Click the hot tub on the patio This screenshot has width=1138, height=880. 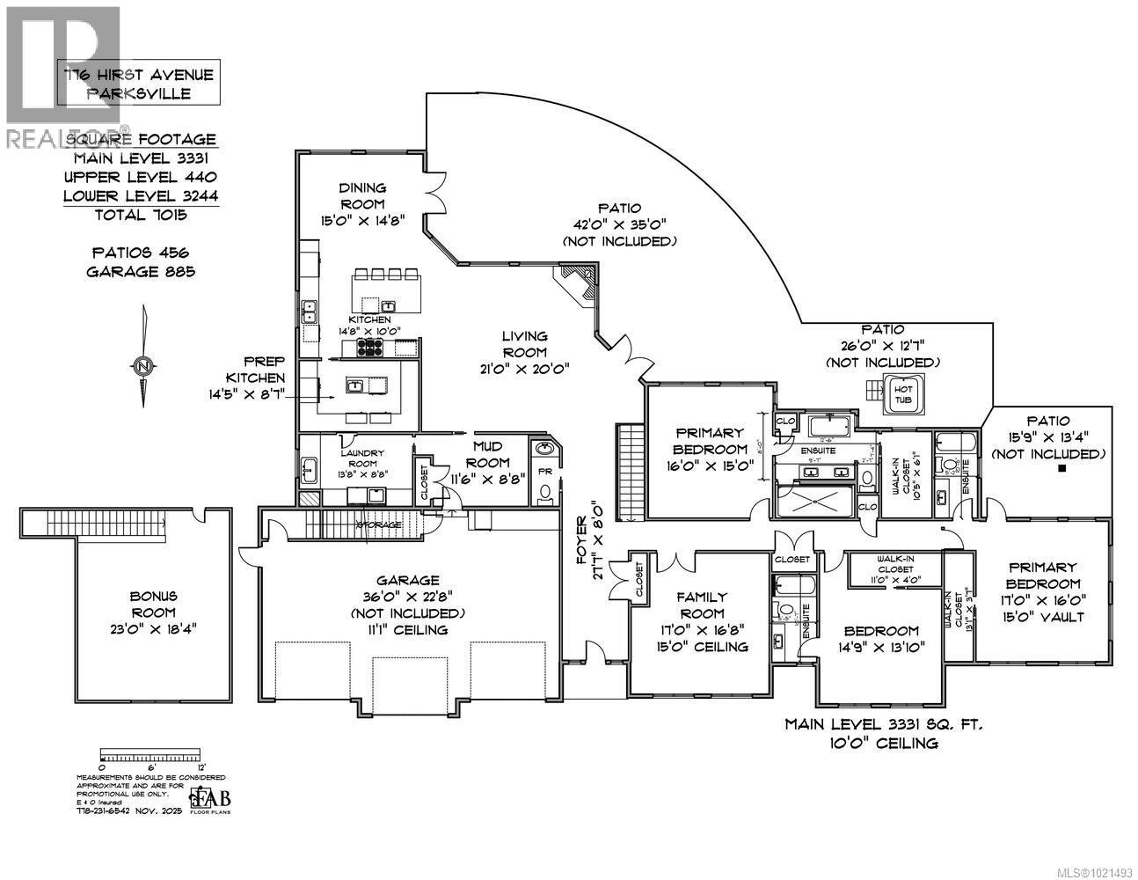(903, 393)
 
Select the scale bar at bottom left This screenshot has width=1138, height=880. (151, 755)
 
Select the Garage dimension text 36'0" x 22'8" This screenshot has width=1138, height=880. (407, 597)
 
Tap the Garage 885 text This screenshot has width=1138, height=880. (141, 271)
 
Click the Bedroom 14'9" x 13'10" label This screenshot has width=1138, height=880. (881, 639)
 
